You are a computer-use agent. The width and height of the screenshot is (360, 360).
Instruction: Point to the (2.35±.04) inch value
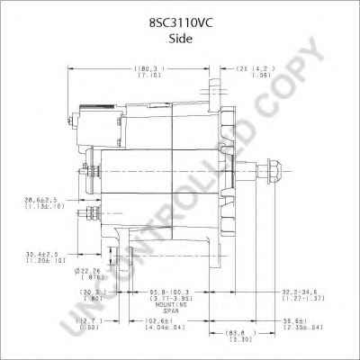[291, 328]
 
